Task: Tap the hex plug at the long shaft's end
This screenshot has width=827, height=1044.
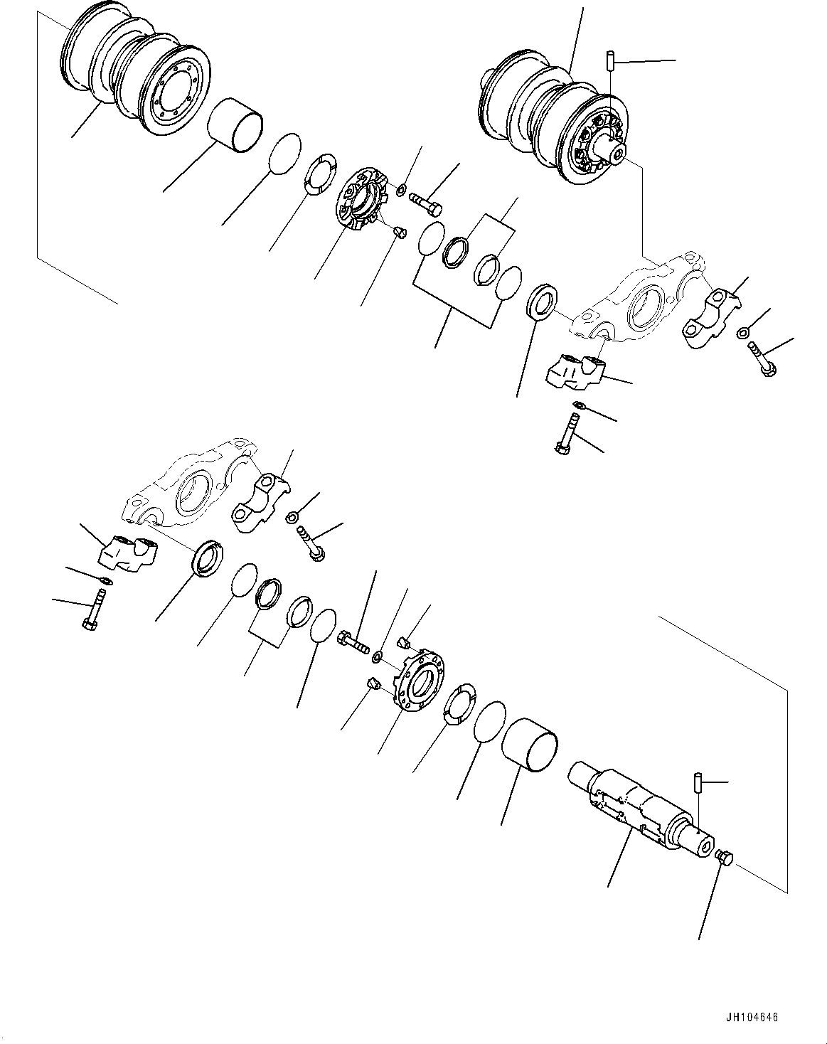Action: pyautogui.click(x=724, y=858)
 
